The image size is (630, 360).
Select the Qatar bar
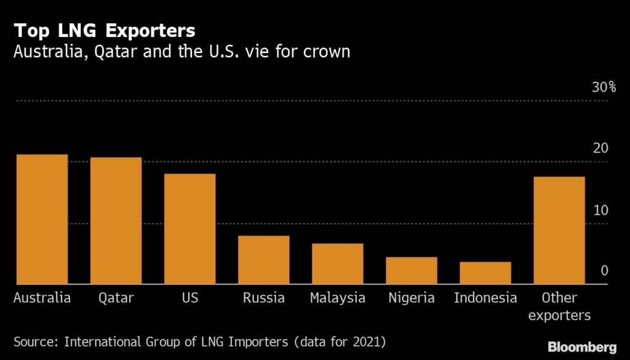click(116, 221)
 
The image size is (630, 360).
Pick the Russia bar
click(263, 260)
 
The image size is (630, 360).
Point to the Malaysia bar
click(337, 264)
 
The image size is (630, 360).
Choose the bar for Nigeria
click(411, 271)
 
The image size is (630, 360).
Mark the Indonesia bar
click(485, 273)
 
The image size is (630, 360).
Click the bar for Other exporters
click(559, 231)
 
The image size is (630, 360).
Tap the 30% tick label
click(604, 87)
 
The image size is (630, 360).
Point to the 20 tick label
click(600, 148)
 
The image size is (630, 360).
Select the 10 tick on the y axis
click(600, 210)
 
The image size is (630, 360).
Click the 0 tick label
click(604, 271)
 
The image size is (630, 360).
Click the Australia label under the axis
click(42, 298)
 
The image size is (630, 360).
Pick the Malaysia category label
click(337, 298)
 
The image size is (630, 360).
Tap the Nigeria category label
click(411, 298)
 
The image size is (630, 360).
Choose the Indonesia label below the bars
click(485, 298)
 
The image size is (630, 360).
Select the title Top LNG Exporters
click(105, 30)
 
